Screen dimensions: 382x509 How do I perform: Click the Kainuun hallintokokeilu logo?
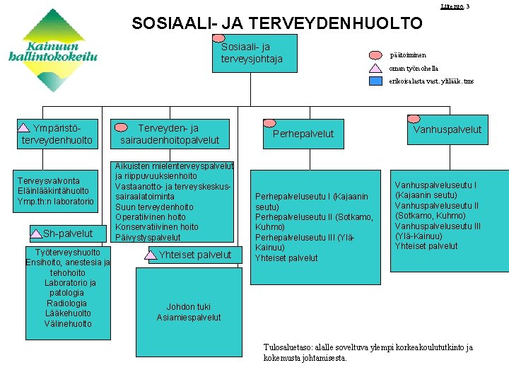[53, 42]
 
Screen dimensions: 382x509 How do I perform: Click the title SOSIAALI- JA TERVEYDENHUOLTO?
[277, 23]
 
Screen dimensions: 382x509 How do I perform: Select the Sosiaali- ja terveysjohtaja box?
[252, 54]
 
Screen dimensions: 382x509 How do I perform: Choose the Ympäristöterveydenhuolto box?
[57, 134]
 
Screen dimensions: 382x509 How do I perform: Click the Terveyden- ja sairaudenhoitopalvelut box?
[170, 134]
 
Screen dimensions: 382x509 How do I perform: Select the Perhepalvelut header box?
[303, 133]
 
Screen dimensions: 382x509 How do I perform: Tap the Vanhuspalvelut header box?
[447, 129]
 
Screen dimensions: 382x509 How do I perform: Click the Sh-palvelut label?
[67, 233]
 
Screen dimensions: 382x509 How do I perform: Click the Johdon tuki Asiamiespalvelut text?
[188, 312]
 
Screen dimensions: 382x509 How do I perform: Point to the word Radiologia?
[66, 303]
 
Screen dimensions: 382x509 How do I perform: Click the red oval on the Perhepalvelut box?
[269, 122]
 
